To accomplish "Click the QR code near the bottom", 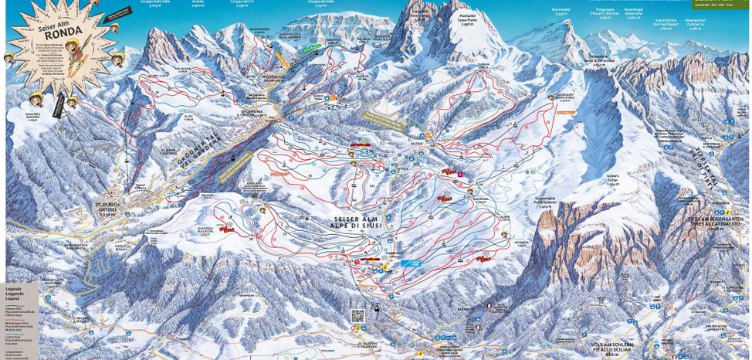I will point(357,315).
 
